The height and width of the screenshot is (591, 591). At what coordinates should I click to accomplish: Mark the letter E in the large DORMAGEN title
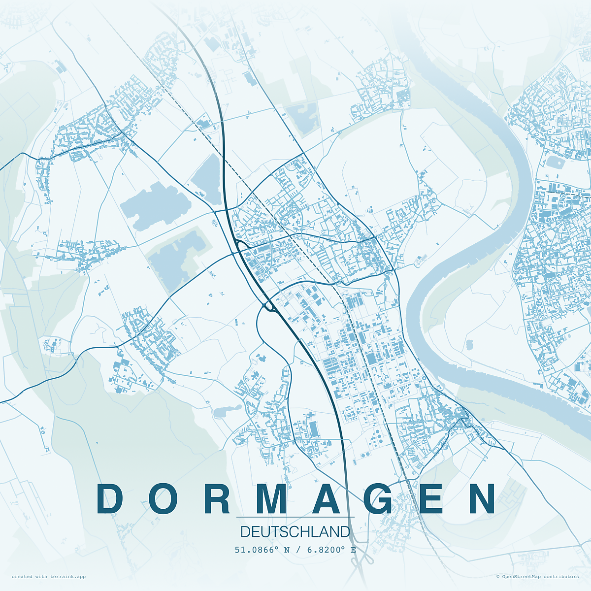(x=431, y=499)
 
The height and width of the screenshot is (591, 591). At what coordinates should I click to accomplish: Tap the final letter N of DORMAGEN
(x=482, y=499)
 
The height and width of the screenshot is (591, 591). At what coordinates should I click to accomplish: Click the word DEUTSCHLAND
(x=295, y=532)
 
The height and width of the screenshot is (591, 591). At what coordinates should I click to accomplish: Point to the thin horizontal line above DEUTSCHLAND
(x=295, y=517)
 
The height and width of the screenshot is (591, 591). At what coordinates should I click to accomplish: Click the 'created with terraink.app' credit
(x=48, y=576)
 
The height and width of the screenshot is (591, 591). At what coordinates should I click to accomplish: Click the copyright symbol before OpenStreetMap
(x=498, y=576)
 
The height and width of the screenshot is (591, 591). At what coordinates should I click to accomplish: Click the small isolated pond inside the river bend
(x=469, y=345)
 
